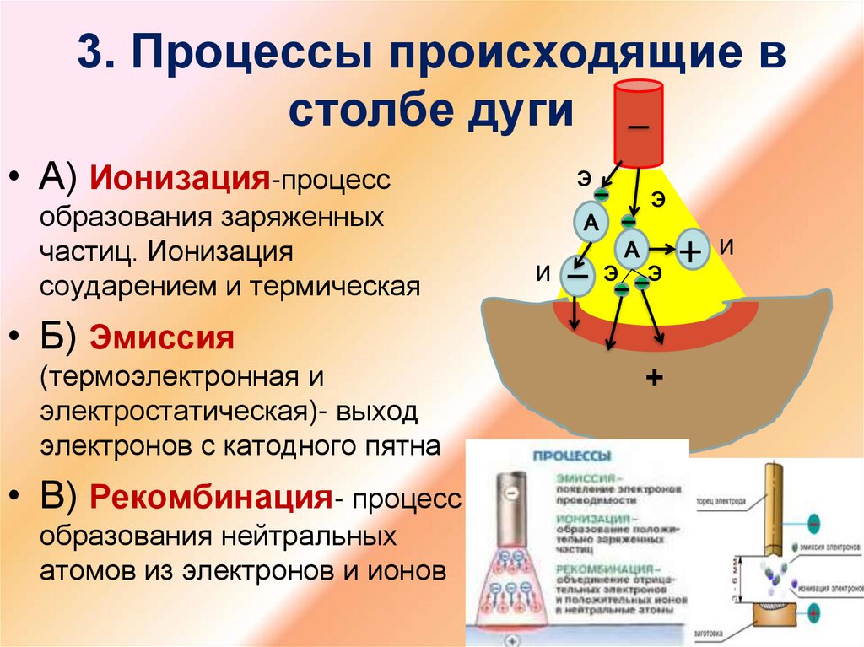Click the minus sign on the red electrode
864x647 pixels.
click(x=638, y=127)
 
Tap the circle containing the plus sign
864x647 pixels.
click(x=690, y=251)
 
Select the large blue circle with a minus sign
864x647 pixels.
click(x=577, y=276)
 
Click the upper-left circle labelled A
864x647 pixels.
click(x=591, y=222)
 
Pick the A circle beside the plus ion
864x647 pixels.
click(x=633, y=249)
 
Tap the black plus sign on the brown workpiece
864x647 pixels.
click(x=651, y=378)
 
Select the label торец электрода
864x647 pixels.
click(x=721, y=499)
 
